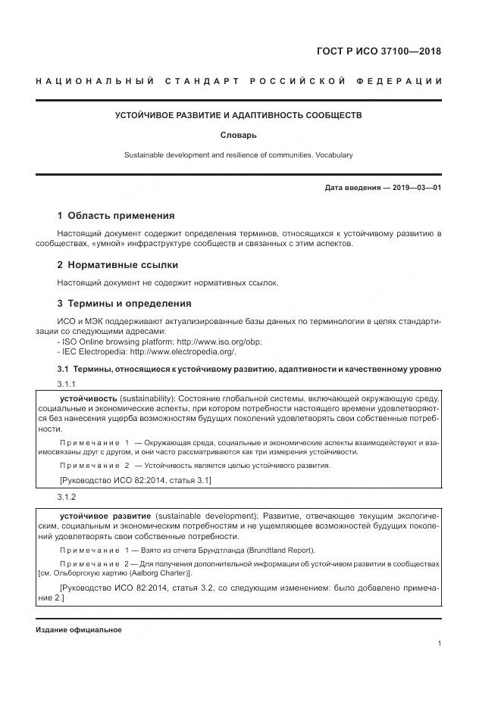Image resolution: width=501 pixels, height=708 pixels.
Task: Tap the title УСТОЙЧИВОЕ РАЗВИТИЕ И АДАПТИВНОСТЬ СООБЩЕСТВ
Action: tap(238, 116)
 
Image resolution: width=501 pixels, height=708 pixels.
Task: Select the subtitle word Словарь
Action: tap(238, 136)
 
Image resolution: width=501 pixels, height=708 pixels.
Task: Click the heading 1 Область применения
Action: tap(116, 216)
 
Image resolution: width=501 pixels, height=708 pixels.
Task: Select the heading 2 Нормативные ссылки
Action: tap(118, 265)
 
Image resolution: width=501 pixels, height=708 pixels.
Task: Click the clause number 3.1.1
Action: tap(67, 385)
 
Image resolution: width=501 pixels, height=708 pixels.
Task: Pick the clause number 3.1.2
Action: tap(67, 497)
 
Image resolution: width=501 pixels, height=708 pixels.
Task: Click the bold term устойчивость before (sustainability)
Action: tap(89, 398)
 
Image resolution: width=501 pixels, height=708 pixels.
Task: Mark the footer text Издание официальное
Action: tap(78, 630)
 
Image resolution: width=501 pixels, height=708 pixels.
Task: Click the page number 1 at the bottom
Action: tap(440, 644)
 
